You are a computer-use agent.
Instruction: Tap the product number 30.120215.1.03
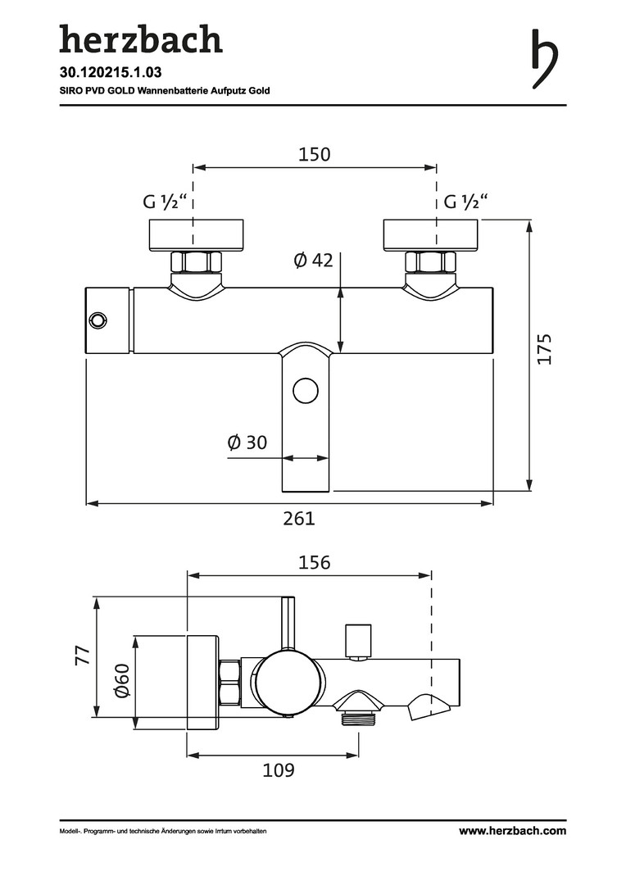pos(111,72)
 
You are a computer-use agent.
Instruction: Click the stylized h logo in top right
pos(545,59)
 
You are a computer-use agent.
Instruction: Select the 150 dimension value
pos(315,154)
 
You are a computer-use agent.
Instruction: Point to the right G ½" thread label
pos(466,201)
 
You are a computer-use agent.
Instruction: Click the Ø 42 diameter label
pos(313,261)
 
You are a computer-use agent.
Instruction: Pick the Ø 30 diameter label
pos(247,442)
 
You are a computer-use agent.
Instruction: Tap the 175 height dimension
pos(544,349)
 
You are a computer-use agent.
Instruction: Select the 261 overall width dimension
pos(299,518)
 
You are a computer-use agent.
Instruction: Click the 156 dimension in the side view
pos(315,562)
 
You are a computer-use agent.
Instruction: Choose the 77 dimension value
pos(83,656)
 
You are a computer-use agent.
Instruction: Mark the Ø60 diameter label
pos(122,681)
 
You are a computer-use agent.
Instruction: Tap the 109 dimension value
pos(279,769)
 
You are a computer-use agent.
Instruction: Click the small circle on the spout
pos(306,391)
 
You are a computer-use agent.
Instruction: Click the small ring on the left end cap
pos(98,320)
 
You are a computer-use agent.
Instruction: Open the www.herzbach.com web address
pos(512,830)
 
